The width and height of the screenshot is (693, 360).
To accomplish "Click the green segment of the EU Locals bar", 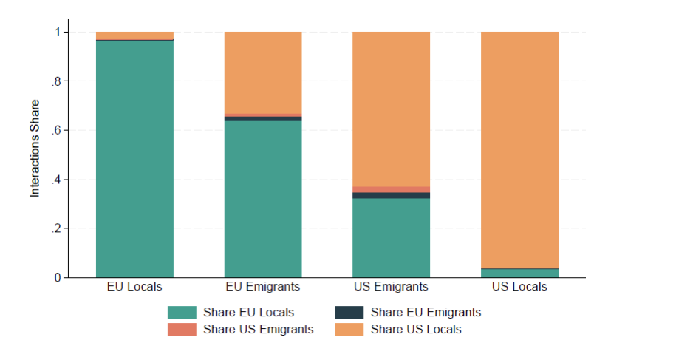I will click(x=134, y=159).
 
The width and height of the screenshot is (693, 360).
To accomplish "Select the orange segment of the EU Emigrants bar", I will click(x=263, y=72).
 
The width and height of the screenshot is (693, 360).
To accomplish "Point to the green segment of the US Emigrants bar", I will click(x=391, y=238).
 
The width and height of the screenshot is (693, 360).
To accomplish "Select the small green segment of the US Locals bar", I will click(x=519, y=274).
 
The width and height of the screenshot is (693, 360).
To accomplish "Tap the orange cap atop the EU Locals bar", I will click(x=134, y=35).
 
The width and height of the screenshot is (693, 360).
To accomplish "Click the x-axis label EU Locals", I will click(x=134, y=287).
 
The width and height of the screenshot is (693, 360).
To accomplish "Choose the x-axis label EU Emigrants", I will click(x=263, y=287).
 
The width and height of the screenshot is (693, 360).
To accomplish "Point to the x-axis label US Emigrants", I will click(x=391, y=287).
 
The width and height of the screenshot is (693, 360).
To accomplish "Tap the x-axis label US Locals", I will click(x=519, y=287).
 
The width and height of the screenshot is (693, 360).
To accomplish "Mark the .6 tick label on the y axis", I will click(x=55, y=131).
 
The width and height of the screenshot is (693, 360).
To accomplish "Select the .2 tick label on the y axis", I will click(x=55, y=229).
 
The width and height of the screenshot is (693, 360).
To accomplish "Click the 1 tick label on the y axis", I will click(x=57, y=33).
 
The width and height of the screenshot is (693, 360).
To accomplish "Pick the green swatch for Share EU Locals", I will click(x=181, y=313).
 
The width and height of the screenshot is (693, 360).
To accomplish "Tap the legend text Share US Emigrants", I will click(x=258, y=330).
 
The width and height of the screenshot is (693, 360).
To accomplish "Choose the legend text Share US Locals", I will click(x=415, y=330).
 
